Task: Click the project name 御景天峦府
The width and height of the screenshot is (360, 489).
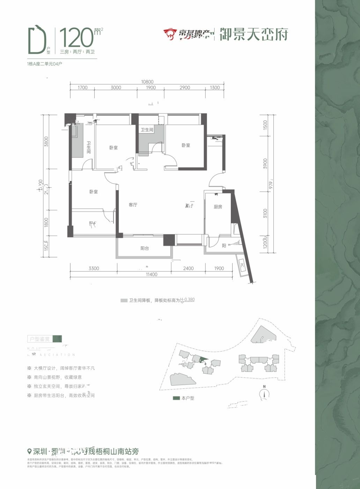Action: coord(254,34)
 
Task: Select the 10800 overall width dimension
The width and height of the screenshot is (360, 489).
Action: coord(147,82)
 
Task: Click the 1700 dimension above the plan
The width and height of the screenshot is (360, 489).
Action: coord(82,88)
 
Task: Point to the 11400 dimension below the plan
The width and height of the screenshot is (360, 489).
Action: coord(151,275)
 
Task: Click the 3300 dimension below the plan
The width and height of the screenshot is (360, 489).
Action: coord(94,269)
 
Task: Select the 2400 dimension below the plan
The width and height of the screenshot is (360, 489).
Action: coord(188,269)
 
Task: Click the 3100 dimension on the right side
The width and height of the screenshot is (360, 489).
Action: coord(265,213)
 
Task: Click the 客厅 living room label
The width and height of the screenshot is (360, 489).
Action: coord(133,205)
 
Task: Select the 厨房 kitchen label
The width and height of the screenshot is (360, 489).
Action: coord(218,207)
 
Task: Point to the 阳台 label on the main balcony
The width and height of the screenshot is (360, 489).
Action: coord(145,248)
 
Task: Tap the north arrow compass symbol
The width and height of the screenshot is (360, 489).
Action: coord(265,393)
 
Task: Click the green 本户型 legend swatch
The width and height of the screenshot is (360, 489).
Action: coord(176,398)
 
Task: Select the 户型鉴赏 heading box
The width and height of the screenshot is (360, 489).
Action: coord(40,339)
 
